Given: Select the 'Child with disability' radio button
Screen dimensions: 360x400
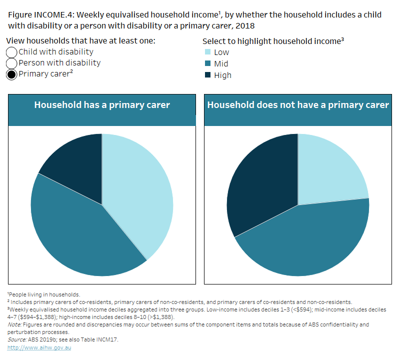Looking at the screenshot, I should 11,52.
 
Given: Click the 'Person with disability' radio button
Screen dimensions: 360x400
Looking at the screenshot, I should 11,63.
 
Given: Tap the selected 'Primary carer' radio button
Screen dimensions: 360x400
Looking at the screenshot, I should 11,75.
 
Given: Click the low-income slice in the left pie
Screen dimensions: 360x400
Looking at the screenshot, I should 140,195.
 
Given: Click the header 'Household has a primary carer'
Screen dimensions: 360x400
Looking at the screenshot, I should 102,105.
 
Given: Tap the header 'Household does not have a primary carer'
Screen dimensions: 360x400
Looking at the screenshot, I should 298,105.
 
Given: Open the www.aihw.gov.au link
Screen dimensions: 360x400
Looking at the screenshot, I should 39,347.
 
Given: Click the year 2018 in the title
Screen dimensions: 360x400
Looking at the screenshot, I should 251,25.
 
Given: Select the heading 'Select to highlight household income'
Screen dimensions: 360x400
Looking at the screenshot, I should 272,41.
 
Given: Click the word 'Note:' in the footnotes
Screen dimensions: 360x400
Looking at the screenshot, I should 15,324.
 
